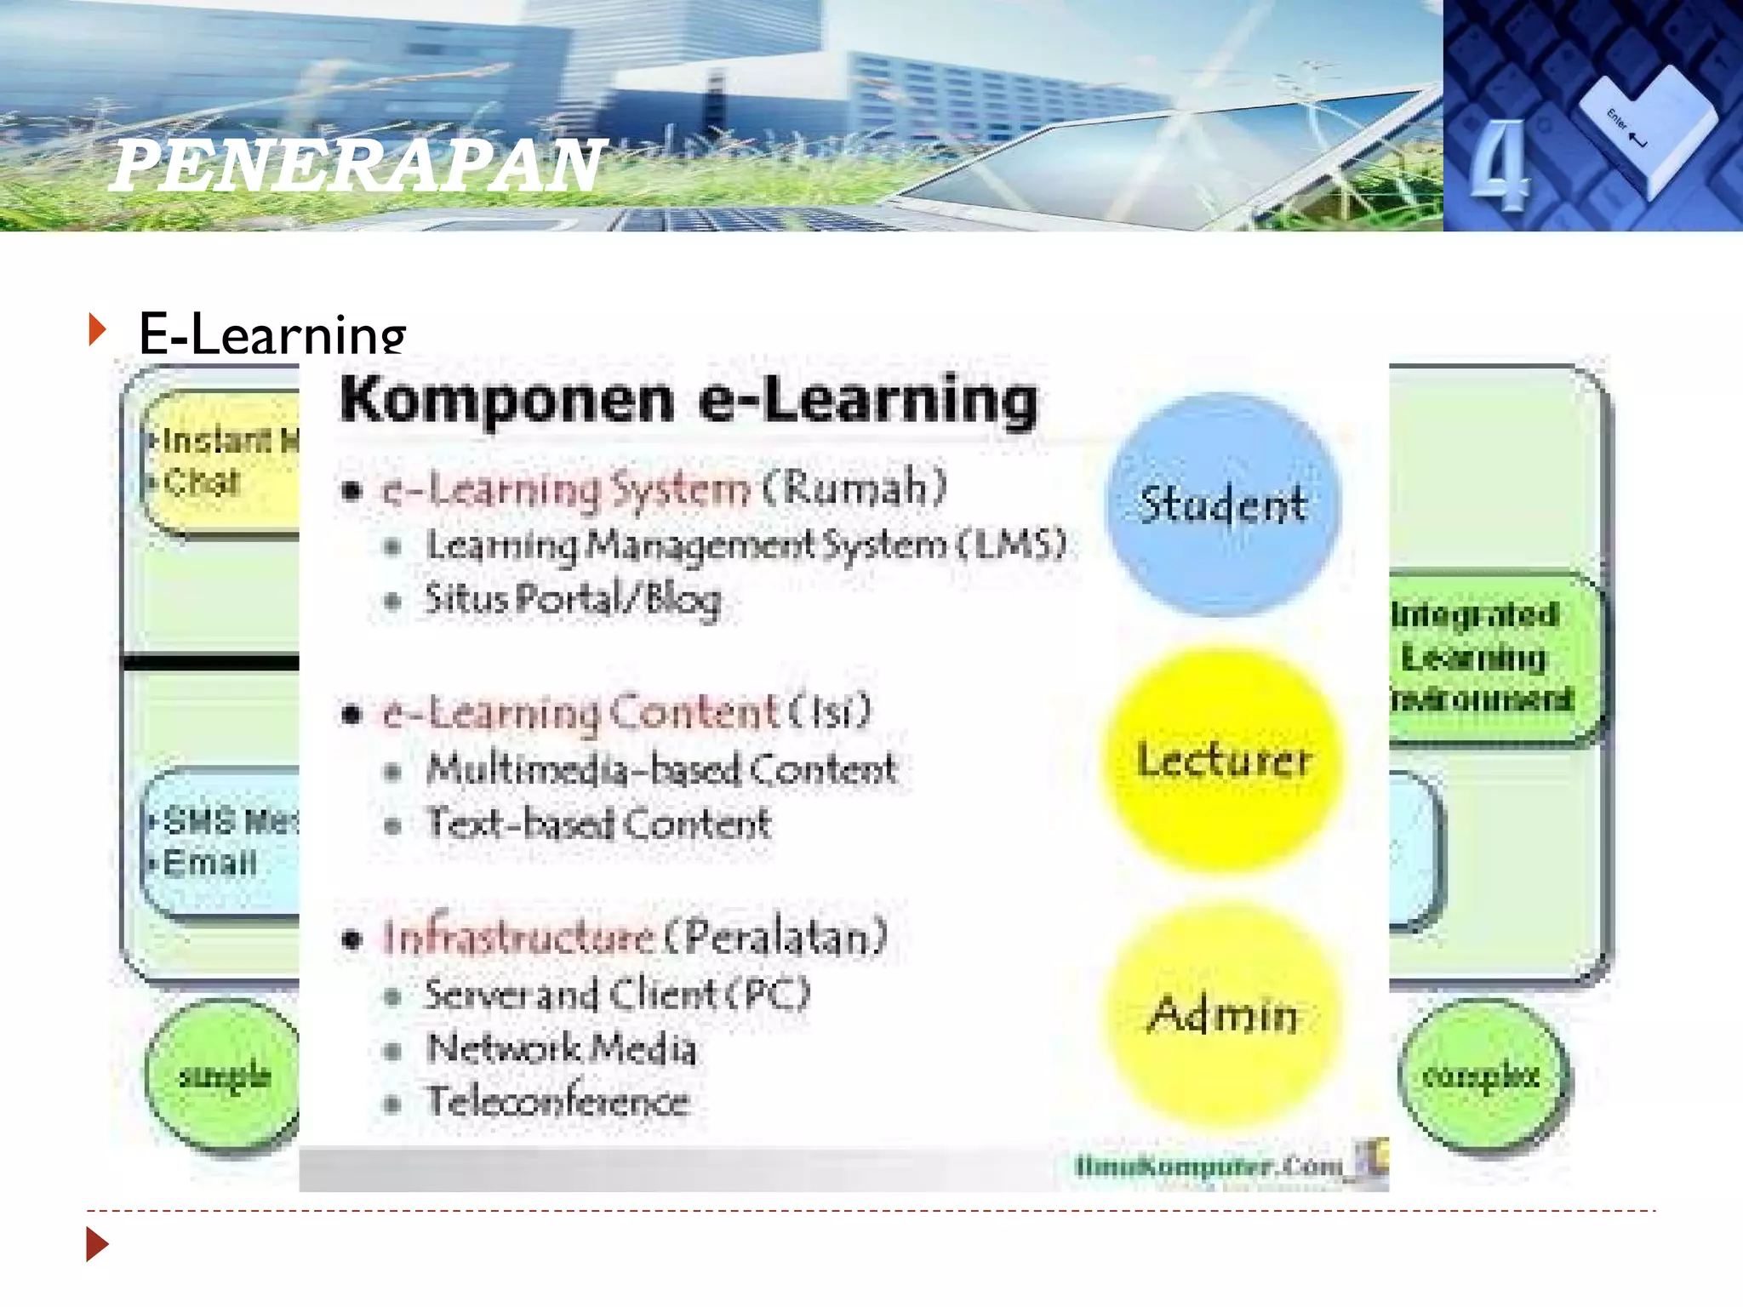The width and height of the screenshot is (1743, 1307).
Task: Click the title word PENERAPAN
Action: click(x=357, y=165)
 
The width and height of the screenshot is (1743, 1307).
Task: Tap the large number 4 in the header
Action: click(x=1500, y=165)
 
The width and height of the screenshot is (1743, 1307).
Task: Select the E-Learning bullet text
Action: click(x=272, y=334)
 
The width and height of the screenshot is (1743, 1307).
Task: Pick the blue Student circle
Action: click(x=1223, y=504)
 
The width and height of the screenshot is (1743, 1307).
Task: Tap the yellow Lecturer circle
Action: click(x=1223, y=759)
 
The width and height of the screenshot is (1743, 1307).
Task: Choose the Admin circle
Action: click(x=1223, y=1014)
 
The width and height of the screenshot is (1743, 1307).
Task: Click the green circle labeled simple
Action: click(x=224, y=1076)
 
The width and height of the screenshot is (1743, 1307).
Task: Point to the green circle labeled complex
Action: click(x=1482, y=1076)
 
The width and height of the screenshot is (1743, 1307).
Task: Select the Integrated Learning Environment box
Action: click(x=1485, y=657)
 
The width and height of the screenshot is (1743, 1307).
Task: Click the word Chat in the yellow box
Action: click(x=202, y=482)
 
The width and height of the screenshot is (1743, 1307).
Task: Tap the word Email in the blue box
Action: click(x=209, y=863)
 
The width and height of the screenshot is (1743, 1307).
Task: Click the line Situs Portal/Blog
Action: click(x=573, y=599)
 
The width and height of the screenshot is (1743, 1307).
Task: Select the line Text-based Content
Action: click(x=598, y=824)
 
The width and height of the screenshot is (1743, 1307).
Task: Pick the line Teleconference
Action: click(x=557, y=1102)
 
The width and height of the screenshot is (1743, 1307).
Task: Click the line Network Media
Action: click(x=562, y=1048)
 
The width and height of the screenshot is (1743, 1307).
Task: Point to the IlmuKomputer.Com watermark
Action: click(x=1209, y=1165)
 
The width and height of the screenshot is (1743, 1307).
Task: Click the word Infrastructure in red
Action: click(x=518, y=938)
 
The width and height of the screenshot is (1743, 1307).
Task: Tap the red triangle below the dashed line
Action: click(x=97, y=1244)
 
